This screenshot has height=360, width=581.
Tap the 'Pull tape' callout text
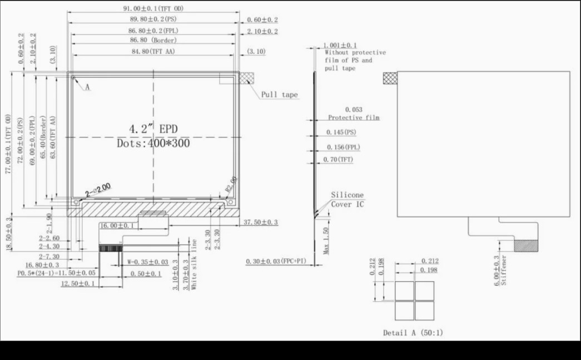pyautogui.click(x=280, y=95)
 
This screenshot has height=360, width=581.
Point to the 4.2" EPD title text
pyautogui.click(x=153, y=129)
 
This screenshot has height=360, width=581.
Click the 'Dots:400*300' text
pyautogui.click(x=153, y=144)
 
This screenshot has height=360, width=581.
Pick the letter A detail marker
pyautogui.click(x=87, y=87)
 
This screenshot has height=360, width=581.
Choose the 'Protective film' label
pyautogui.click(x=354, y=118)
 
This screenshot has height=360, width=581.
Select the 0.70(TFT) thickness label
pyautogui.click(x=338, y=160)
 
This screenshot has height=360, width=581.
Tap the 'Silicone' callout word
pyautogui.click(x=347, y=195)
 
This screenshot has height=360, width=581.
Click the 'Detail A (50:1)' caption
pyautogui.click(x=413, y=333)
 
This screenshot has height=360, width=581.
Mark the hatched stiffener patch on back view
pyautogui.click(x=527, y=245)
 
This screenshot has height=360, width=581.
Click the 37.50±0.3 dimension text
pyautogui.click(x=261, y=223)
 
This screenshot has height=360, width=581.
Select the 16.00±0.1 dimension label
pyautogui.click(x=117, y=226)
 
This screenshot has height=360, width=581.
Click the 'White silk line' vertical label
pyautogui.click(x=194, y=265)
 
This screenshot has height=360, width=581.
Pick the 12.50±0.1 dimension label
pyautogui.click(x=78, y=284)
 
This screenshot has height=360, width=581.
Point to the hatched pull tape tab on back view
pyautogui.click(x=390, y=78)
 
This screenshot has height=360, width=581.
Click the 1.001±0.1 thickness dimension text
pyautogui.click(x=340, y=46)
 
